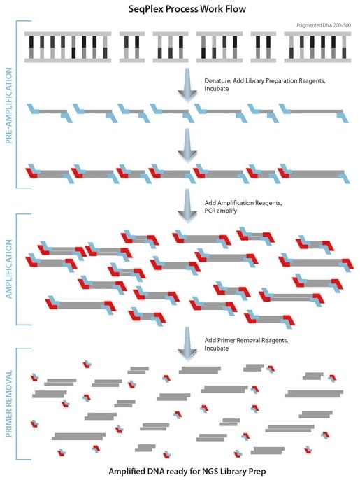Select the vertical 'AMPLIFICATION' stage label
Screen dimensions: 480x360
pyautogui.click(x=9, y=269)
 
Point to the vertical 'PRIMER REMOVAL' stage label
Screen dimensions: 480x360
pyautogui.click(x=9, y=405)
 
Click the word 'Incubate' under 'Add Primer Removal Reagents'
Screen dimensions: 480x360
pyautogui.click(x=217, y=348)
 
